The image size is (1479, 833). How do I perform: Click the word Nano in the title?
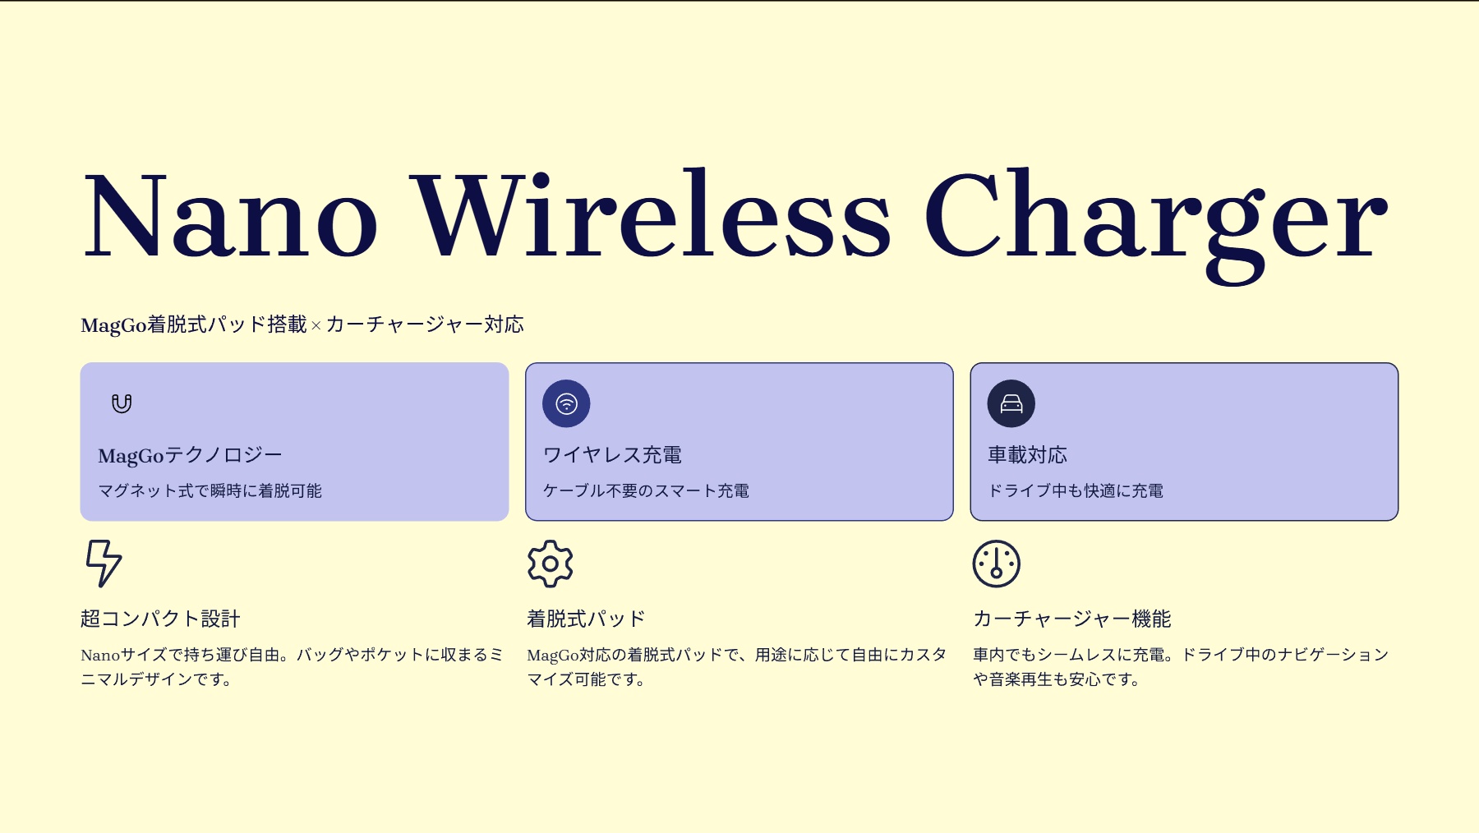pyautogui.click(x=231, y=215)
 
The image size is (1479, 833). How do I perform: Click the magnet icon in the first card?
pyautogui.click(x=122, y=403)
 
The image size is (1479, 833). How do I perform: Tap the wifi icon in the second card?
pyautogui.click(x=566, y=403)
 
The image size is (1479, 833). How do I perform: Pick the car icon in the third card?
pyautogui.click(x=1011, y=403)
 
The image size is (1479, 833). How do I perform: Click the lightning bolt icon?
pyautogui.click(x=104, y=564)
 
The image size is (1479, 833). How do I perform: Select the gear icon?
pyautogui.click(x=551, y=564)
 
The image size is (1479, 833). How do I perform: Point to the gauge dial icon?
pyautogui.click(x=997, y=564)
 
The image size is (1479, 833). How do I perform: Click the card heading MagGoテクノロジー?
pyautogui.click(x=190, y=455)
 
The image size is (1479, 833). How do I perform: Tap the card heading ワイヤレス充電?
pyautogui.click(x=613, y=455)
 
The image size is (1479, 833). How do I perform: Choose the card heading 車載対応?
pyautogui.click(x=1028, y=455)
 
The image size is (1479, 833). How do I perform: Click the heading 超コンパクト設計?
pyautogui.click(x=160, y=619)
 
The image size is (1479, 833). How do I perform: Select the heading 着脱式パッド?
pyautogui.click(x=586, y=619)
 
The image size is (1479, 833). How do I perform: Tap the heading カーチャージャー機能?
pyautogui.click(x=1072, y=619)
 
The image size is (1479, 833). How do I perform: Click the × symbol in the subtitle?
pyautogui.click(x=316, y=326)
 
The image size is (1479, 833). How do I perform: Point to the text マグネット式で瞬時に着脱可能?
pyautogui.click(x=210, y=491)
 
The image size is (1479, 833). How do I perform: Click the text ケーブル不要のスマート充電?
pyautogui.click(x=646, y=491)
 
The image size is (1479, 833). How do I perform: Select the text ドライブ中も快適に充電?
pyautogui.click(x=1076, y=491)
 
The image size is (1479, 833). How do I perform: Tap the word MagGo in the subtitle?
pyautogui.click(x=113, y=326)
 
